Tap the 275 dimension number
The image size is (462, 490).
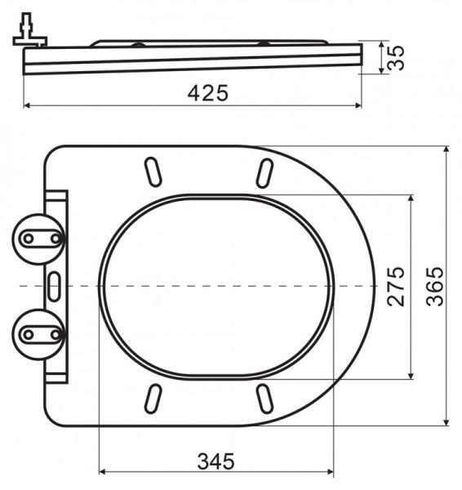coord(396,286)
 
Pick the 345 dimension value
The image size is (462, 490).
coord(215,461)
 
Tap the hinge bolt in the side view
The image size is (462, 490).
coord(28,29)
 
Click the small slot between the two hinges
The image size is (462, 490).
coord(54,286)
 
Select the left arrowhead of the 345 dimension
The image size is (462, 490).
coord(102,472)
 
